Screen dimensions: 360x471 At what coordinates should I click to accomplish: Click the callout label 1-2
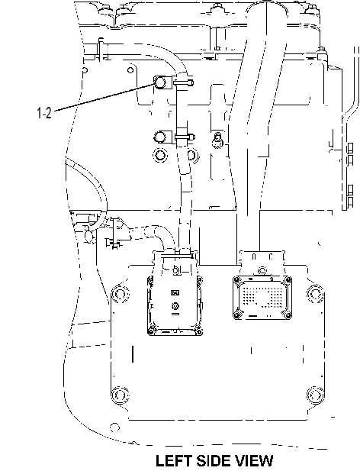click(x=44, y=113)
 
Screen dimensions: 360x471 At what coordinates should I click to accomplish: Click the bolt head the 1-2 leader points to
click(x=159, y=82)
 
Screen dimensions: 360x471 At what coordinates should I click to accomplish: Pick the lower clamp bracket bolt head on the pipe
click(x=159, y=137)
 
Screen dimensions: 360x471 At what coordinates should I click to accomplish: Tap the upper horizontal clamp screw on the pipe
click(x=184, y=82)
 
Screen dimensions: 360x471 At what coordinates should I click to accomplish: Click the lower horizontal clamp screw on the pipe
click(x=185, y=137)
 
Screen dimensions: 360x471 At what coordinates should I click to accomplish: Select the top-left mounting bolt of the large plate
click(x=120, y=292)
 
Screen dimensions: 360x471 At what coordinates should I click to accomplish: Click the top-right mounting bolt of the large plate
click(x=315, y=292)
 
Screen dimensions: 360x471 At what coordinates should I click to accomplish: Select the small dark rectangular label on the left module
click(x=175, y=292)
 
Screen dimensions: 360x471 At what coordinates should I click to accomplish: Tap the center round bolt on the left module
click(x=175, y=306)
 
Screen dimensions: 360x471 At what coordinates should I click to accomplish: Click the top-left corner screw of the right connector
click(x=236, y=280)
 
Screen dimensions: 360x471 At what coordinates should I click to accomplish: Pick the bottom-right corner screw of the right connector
click(x=288, y=315)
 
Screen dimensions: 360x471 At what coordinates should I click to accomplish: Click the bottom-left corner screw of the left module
click(x=151, y=331)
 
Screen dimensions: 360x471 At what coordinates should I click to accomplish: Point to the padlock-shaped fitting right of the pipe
click(x=217, y=140)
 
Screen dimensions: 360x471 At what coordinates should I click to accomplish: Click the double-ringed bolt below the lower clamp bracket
click(x=160, y=155)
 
